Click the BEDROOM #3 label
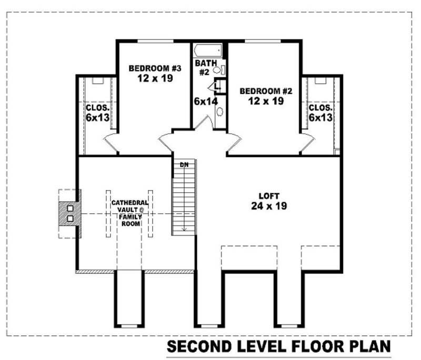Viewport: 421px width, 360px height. click(147, 68)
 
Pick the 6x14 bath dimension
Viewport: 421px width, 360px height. click(205, 101)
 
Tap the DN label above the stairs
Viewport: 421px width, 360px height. click(184, 165)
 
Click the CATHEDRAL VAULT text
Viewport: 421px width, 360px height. click(129, 206)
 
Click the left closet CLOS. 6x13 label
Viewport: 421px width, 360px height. click(97, 113)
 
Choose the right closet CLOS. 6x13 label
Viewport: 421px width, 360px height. click(320, 113)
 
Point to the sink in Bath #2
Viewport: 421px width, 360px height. click(219, 112)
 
